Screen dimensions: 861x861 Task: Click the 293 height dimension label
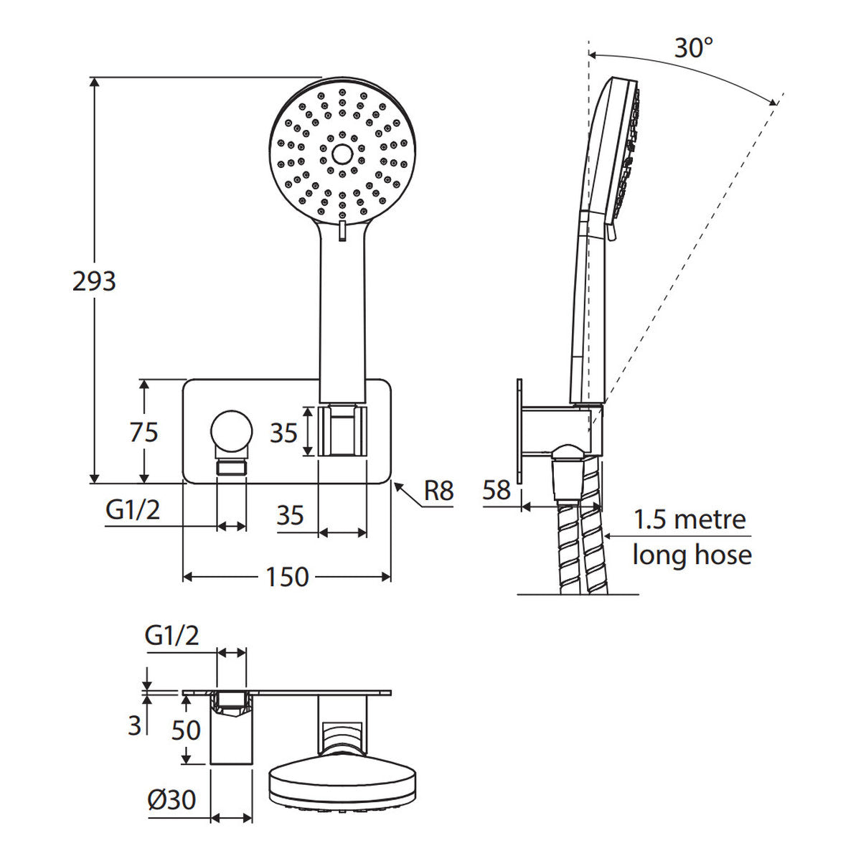(x=94, y=281)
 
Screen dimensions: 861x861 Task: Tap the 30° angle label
(x=693, y=48)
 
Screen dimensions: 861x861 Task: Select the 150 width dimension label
(x=287, y=577)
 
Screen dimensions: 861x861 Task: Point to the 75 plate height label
(x=144, y=433)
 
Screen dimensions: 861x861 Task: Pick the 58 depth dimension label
(x=497, y=490)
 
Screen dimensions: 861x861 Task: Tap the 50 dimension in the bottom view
(x=186, y=743)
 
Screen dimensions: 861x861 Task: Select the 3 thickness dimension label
(x=134, y=738)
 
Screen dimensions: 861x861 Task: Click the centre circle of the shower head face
(x=342, y=154)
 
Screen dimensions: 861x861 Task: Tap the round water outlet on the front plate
(x=232, y=433)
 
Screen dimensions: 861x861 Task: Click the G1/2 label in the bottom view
(x=171, y=636)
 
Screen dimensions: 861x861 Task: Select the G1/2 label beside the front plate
(x=133, y=510)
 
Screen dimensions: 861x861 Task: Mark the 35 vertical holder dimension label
(x=283, y=433)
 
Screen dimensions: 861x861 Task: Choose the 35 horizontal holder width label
(x=291, y=515)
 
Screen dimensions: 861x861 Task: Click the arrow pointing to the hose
(x=677, y=536)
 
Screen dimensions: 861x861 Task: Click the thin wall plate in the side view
(x=519, y=432)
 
